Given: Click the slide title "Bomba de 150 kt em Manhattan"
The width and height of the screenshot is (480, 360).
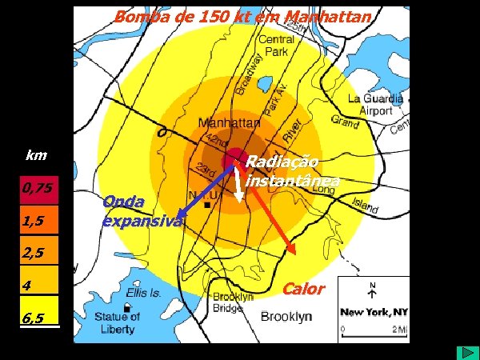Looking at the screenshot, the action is (x=242, y=17).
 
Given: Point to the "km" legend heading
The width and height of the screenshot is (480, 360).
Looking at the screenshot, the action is (x=36, y=154).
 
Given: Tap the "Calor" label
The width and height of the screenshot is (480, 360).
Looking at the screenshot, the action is (x=305, y=289).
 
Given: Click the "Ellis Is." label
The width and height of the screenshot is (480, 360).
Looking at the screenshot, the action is (x=144, y=294).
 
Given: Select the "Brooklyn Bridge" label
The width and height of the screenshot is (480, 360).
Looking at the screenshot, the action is (x=233, y=301).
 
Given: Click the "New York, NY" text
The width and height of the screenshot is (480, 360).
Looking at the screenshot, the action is (x=374, y=311).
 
